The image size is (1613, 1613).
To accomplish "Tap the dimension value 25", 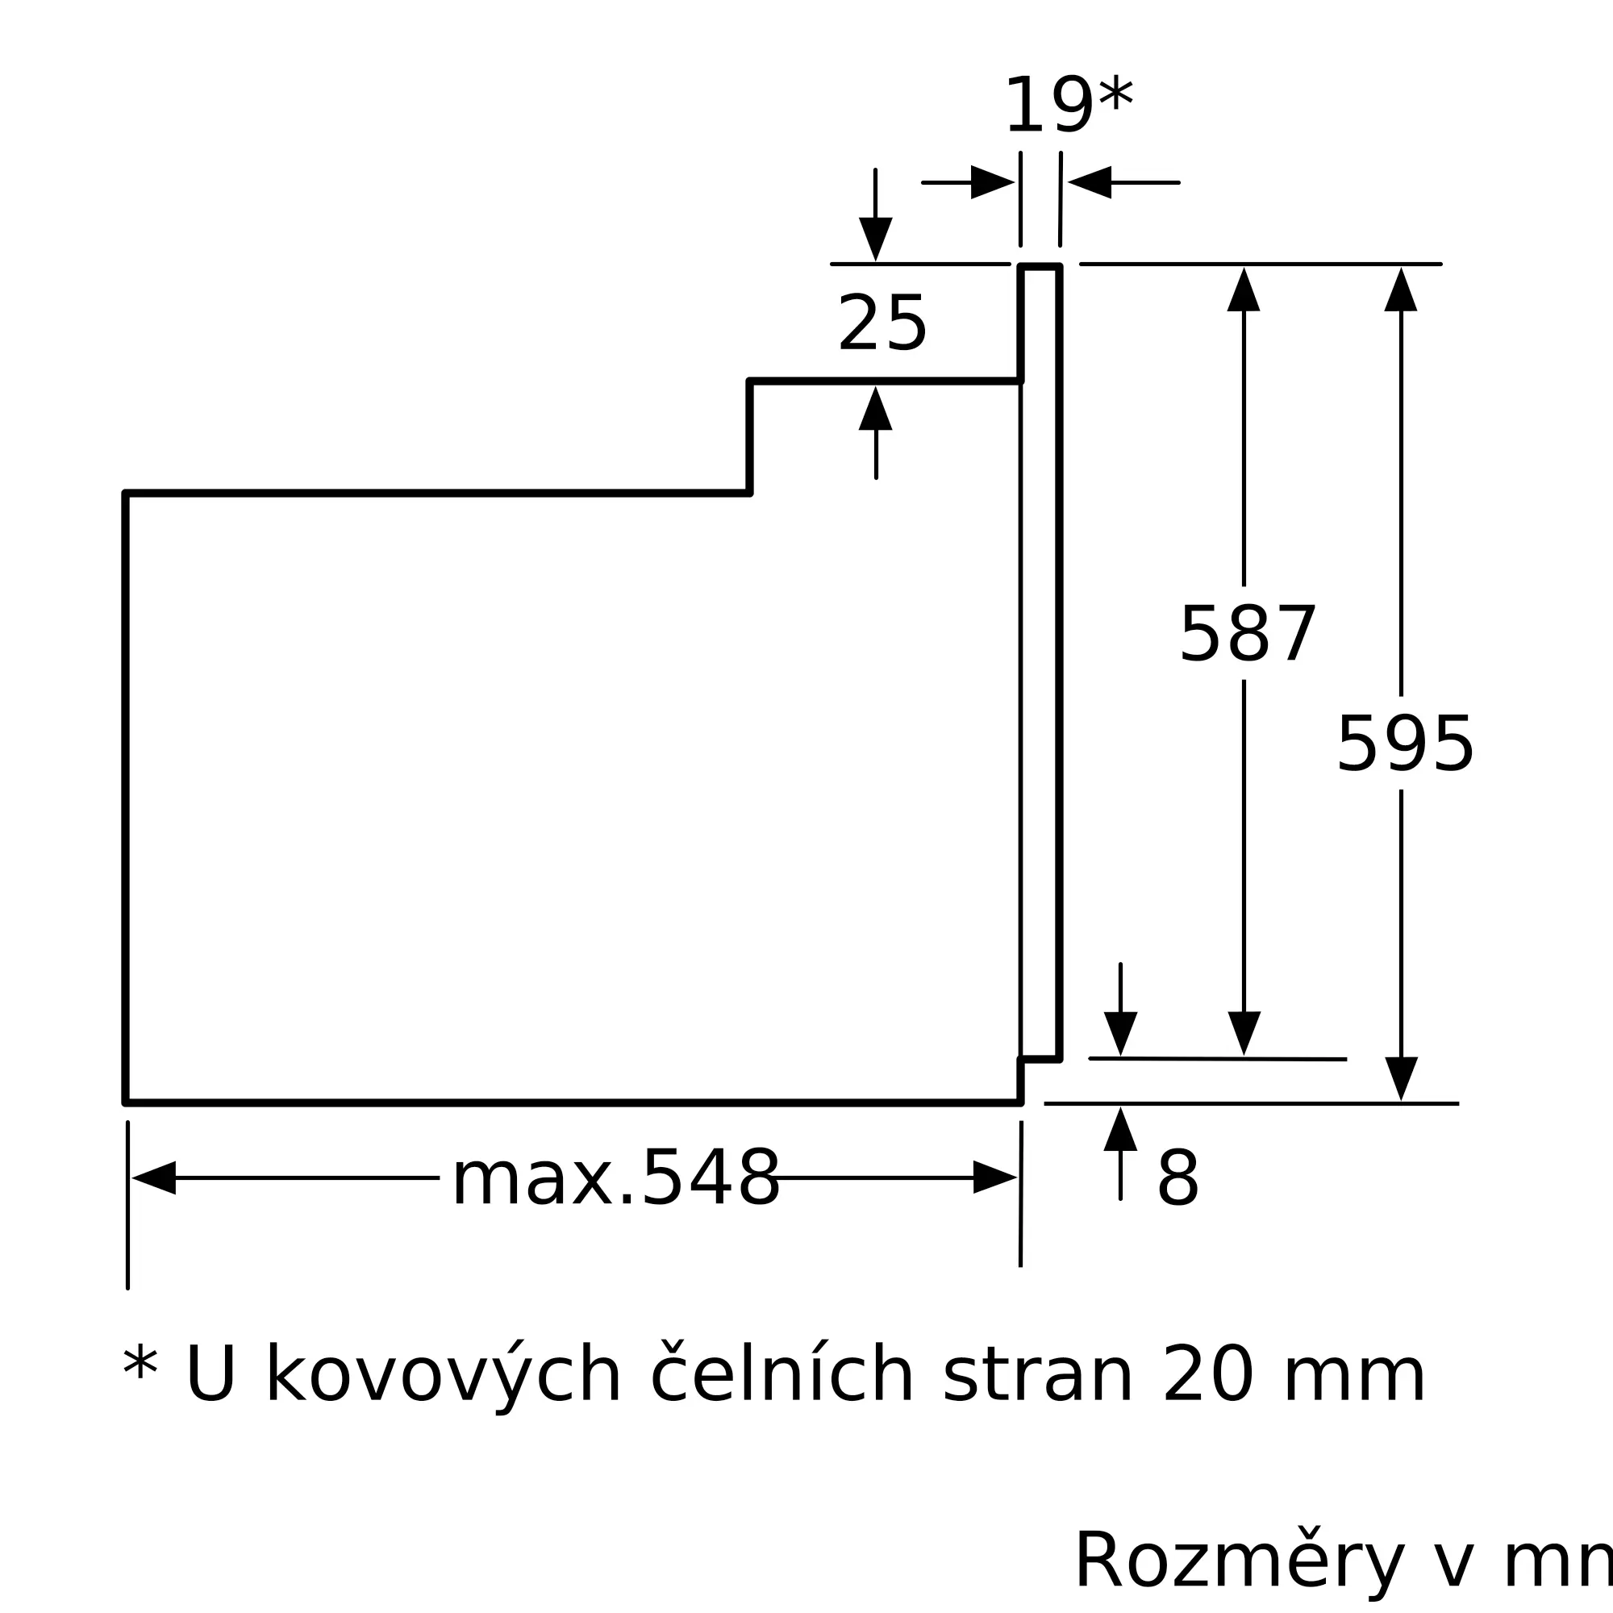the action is pos(882,323).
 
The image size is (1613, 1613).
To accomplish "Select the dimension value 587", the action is pos(1248,635).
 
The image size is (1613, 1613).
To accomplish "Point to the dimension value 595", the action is pos(1405,744).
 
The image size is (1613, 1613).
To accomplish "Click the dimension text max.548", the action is pos(616,1179).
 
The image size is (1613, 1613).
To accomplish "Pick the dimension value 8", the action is pos(1178,1179).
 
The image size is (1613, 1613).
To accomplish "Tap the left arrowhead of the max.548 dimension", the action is pos(153,1178).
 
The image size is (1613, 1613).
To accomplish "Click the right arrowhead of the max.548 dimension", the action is pos(995,1177).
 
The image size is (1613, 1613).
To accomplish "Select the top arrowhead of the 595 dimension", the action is pos(1401,290).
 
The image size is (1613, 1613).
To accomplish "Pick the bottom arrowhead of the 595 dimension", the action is pos(1402,1080).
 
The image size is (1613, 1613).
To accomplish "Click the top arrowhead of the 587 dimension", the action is pos(1243,290).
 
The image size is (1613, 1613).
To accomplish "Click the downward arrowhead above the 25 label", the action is pos(876,240).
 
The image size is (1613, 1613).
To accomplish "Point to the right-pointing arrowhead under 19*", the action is pos(993,182).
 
